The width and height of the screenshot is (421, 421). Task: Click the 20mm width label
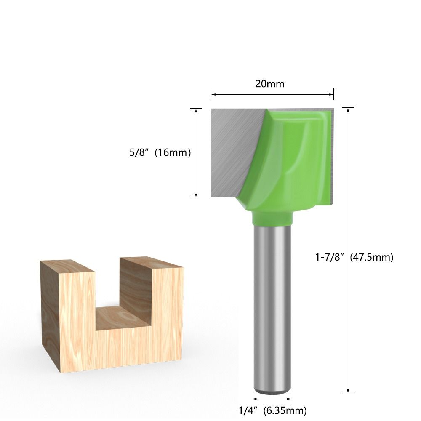pos(269,84)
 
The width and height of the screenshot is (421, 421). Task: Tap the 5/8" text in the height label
pos(139,152)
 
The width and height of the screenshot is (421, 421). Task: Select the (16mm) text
pos(173,152)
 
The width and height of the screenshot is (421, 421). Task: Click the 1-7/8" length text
pos(330,257)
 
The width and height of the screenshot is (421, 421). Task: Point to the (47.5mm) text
pos(371,257)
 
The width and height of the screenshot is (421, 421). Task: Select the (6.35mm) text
pos(285,410)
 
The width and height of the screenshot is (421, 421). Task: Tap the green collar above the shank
pos(272,218)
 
